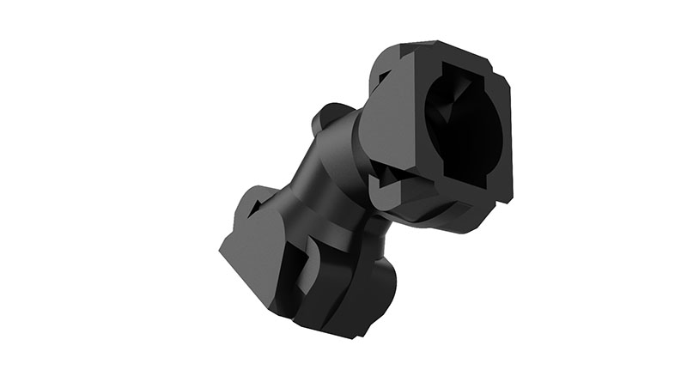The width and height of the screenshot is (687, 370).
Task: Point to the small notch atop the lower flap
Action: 249,197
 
